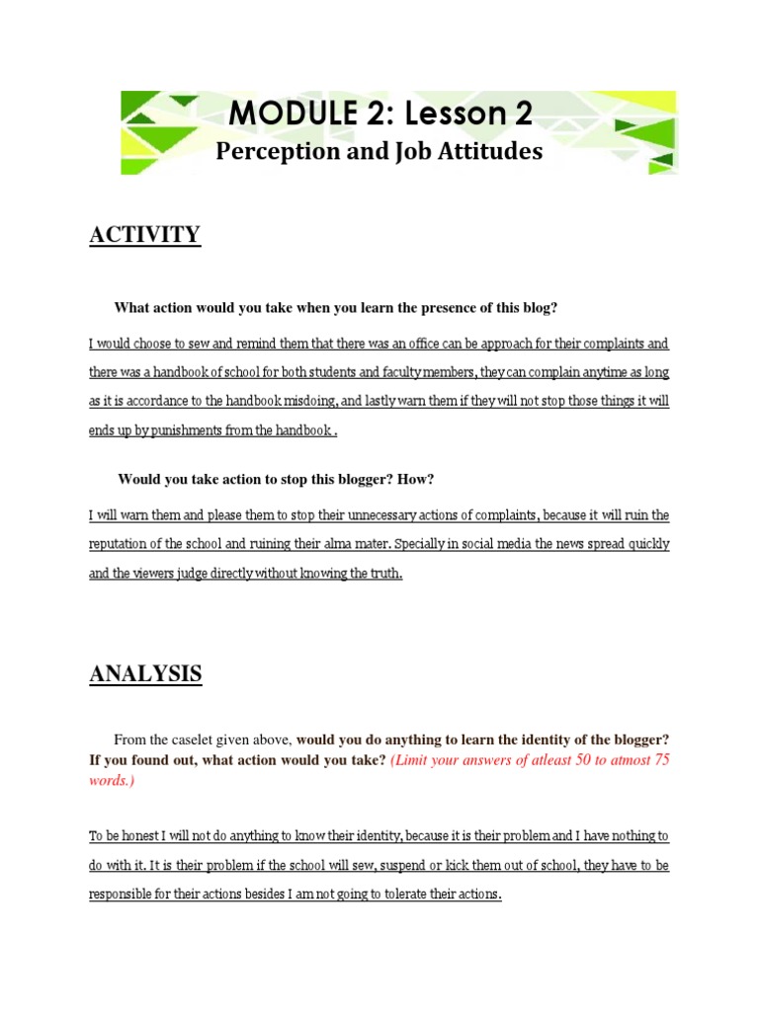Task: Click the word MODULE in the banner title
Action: (x=283, y=115)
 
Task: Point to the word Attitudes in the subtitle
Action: (x=488, y=151)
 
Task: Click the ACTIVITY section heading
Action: (x=144, y=235)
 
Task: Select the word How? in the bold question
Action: (x=417, y=480)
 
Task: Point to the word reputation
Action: (x=125, y=545)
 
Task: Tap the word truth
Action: (x=380, y=574)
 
